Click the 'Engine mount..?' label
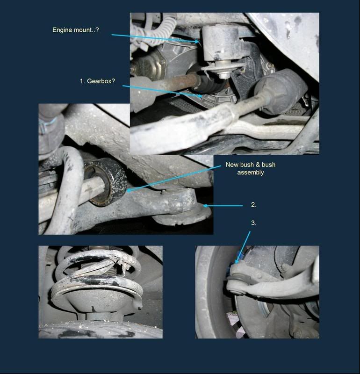tap(75, 30)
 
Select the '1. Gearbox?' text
tap(97, 81)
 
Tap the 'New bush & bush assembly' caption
tap(251, 168)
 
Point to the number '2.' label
tap(253, 205)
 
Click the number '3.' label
tap(253, 223)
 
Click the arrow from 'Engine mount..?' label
tap(155, 38)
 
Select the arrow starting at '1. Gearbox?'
tap(162, 91)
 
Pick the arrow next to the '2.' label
tap(223, 205)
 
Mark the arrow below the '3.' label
tap(243, 247)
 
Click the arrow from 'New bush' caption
tap(173, 178)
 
